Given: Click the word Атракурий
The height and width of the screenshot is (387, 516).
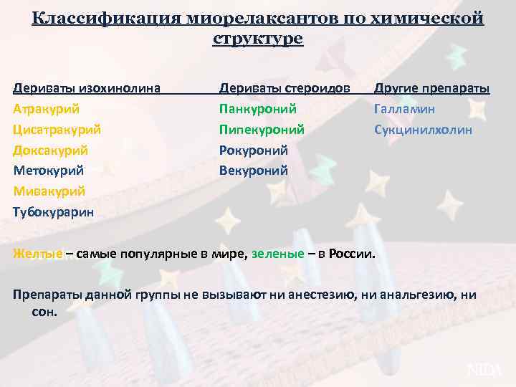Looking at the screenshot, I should point(46,110).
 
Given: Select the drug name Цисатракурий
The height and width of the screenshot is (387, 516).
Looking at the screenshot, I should point(57,130).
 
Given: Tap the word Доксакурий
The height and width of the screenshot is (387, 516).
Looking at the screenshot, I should point(50,150).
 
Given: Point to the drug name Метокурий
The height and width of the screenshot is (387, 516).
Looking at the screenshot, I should point(48,171).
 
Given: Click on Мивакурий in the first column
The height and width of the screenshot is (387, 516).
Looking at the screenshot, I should point(49,191).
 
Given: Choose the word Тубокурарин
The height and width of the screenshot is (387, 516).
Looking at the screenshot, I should point(52,212).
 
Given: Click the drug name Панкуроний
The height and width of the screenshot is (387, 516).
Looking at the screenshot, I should point(258,110).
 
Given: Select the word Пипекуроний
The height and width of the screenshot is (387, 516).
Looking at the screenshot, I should point(262,130).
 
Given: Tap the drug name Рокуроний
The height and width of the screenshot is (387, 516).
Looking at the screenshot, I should point(254,150).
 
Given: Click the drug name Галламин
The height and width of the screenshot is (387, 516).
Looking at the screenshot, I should point(404,110).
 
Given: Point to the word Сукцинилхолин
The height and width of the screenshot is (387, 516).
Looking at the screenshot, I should point(423,130).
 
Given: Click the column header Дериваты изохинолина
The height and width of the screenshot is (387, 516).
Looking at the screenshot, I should point(87,89).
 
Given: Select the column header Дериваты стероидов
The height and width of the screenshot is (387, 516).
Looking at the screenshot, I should point(285,89).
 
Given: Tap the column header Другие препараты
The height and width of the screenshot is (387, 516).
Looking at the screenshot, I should point(431,89).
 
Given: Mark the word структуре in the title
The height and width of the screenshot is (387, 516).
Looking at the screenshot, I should point(258,39).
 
